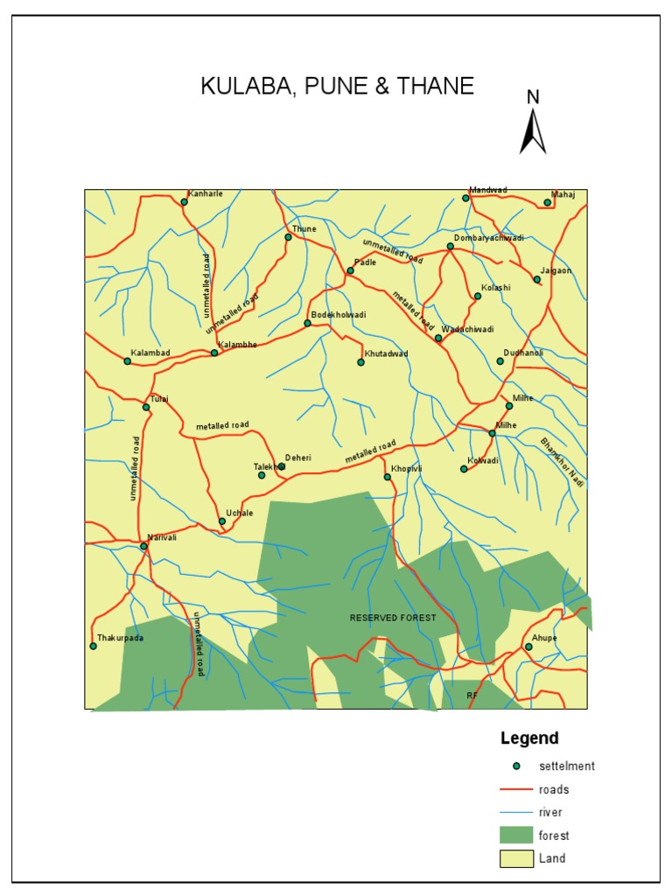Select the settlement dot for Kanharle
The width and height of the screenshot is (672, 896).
tap(184, 202)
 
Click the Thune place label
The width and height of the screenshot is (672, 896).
tap(304, 228)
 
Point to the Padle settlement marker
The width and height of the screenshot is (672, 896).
tap(350, 271)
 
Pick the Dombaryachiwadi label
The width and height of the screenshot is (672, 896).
tap(489, 237)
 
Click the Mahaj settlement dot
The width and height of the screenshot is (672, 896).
tap(548, 203)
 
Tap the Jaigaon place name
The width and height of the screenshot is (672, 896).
tap(556, 270)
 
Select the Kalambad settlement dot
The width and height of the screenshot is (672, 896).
tap(127, 361)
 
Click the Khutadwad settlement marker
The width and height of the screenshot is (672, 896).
tap(360, 362)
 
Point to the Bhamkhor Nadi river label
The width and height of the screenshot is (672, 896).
tap(561, 462)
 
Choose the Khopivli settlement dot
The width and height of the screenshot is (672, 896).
tap(387, 477)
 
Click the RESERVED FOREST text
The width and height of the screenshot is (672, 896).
tap(392, 618)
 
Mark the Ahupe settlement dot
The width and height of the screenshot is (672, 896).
tap(527, 647)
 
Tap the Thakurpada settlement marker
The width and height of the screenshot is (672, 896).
tap(93, 647)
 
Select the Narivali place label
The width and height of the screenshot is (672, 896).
tap(162, 537)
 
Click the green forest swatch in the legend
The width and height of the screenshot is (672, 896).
tap(516, 835)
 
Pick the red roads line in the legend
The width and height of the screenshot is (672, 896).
tap(516, 789)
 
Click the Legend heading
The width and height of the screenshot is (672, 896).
tap(529, 738)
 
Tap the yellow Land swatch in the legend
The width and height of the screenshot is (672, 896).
tap(516, 858)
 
